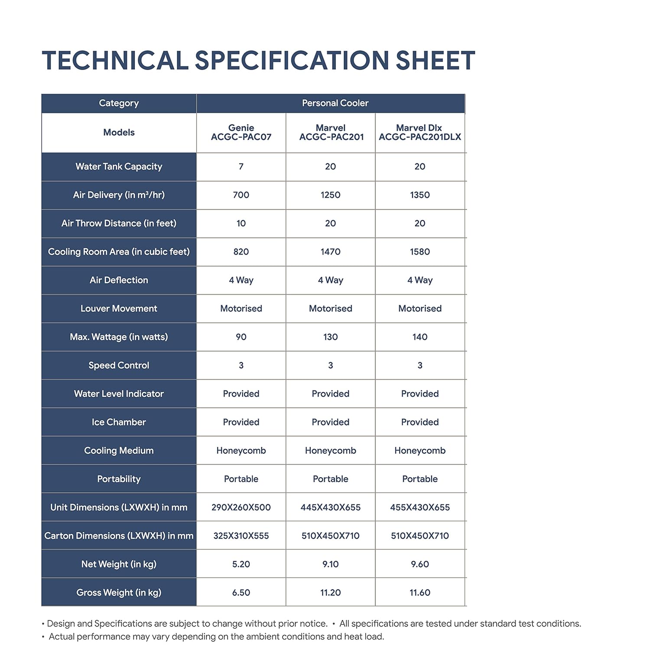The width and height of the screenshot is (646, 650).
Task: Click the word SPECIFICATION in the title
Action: pos(291,60)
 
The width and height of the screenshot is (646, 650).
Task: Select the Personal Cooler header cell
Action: pos(335,103)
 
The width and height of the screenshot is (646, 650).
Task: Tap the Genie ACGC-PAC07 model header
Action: pos(241,132)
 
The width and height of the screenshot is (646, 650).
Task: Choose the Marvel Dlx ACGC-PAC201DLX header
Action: pos(419,132)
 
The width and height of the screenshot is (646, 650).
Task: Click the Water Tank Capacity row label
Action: pos(119,166)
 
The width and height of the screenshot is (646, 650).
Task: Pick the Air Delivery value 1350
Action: pos(419,195)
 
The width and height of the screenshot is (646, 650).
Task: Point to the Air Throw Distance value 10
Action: pos(241,223)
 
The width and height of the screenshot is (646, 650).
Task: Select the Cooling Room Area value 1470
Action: pos(330,252)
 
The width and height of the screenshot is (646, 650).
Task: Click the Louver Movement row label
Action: pos(119,309)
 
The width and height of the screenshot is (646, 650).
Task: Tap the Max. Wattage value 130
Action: pos(330,337)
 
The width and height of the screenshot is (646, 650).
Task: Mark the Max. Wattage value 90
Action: pos(241,337)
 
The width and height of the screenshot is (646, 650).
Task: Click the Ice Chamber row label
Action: pos(119,422)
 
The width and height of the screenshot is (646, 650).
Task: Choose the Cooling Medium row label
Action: pos(119,451)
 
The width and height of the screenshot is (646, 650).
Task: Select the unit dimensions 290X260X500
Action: pos(241,507)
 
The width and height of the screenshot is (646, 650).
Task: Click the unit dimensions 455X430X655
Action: pos(419,507)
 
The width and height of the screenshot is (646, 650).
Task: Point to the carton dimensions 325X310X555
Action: pos(241,536)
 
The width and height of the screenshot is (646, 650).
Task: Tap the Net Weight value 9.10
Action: pos(330,564)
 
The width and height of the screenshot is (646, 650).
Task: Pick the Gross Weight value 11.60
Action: pos(419,592)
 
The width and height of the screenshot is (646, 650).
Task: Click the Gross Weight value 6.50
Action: pos(241,592)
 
